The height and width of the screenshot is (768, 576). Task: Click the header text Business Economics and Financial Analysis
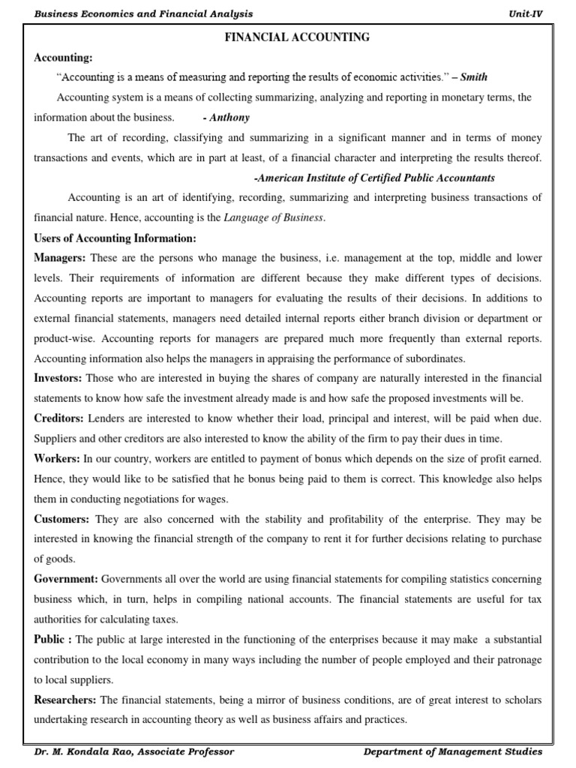coord(143,13)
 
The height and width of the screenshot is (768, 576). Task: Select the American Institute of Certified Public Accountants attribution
coord(374,178)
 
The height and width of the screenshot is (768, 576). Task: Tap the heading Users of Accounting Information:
coord(115,238)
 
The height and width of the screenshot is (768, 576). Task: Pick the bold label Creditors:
coord(59,418)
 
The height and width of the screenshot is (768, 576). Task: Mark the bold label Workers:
coord(58,458)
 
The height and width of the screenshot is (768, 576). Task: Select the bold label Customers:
coord(62,519)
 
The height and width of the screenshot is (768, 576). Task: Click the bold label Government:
coord(66,579)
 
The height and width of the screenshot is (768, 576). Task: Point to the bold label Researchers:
coord(65,700)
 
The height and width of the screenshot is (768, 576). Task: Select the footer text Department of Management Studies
coord(452,751)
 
